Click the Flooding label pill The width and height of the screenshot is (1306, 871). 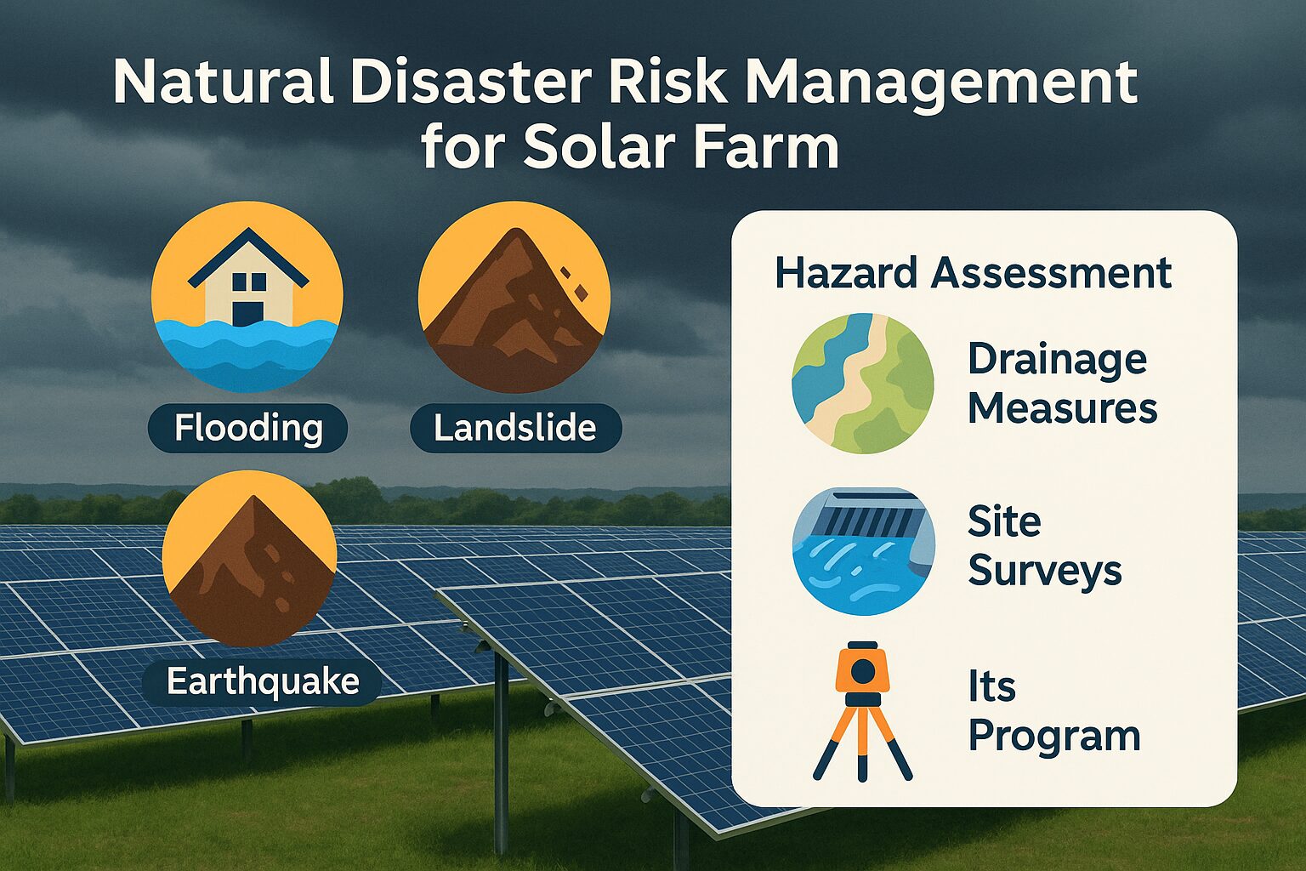(x=247, y=428)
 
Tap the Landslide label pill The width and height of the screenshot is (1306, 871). (x=516, y=428)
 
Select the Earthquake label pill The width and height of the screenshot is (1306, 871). (x=263, y=681)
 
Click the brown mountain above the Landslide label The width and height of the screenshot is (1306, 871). (x=513, y=315)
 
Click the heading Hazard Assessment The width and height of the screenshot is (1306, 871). (x=973, y=273)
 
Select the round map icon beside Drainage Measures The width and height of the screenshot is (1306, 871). (x=863, y=384)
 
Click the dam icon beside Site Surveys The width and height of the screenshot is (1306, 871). (x=864, y=551)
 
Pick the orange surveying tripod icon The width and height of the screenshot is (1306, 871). (x=862, y=711)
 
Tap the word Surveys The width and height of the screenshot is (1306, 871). (x=1045, y=572)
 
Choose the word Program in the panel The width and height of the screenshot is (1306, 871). (x=1054, y=737)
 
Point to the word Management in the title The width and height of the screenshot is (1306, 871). (x=941, y=83)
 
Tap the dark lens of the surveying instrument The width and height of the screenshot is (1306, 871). (x=862, y=672)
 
